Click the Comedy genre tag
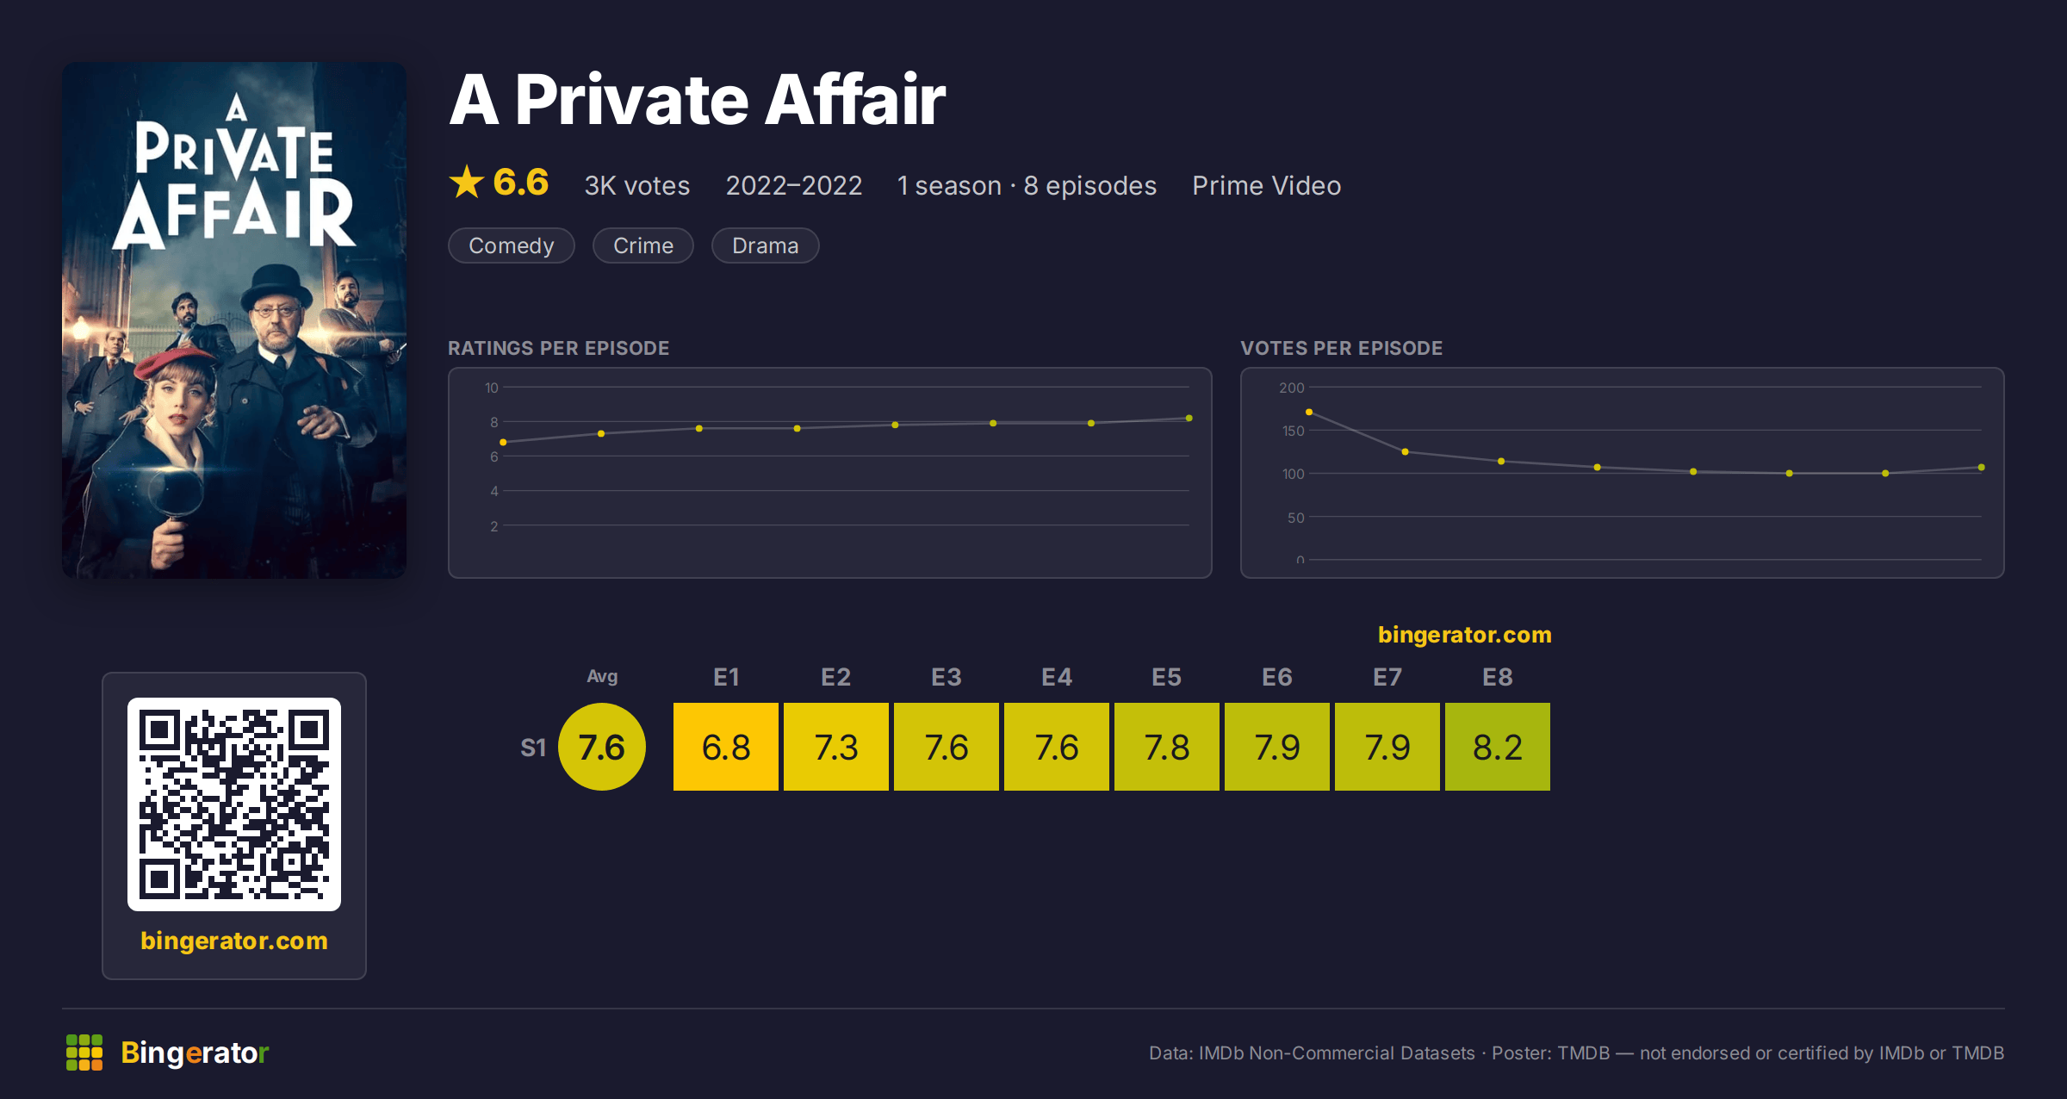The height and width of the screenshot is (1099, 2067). click(x=511, y=245)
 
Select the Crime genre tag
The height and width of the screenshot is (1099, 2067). click(x=642, y=245)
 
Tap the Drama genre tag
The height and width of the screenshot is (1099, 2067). click(x=765, y=245)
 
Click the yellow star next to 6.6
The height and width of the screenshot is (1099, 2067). click(x=467, y=182)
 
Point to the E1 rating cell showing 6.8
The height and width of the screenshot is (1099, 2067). click(x=725, y=747)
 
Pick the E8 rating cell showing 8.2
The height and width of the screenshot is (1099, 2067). click(x=1497, y=747)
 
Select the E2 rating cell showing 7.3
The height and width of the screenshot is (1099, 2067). click(x=835, y=747)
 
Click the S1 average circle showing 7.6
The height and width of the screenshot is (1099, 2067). click(x=601, y=747)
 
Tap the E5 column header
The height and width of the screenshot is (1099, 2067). click(x=1166, y=677)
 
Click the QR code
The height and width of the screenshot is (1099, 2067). click(x=234, y=804)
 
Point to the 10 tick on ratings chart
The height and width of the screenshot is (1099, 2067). click(x=491, y=388)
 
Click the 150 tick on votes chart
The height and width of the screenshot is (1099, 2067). click(x=1293, y=431)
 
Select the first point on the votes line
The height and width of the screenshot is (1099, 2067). click(x=1309, y=413)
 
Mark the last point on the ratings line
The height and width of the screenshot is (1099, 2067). click(x=1189, y=419)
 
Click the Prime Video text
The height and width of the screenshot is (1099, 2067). click(x=1266, y=185)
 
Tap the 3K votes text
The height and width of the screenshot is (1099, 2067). click(x=637, y=185)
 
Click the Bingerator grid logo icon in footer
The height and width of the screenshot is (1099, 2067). click(x=84, y=1052)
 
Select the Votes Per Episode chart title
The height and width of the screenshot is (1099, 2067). click(x=1341, y=348)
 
